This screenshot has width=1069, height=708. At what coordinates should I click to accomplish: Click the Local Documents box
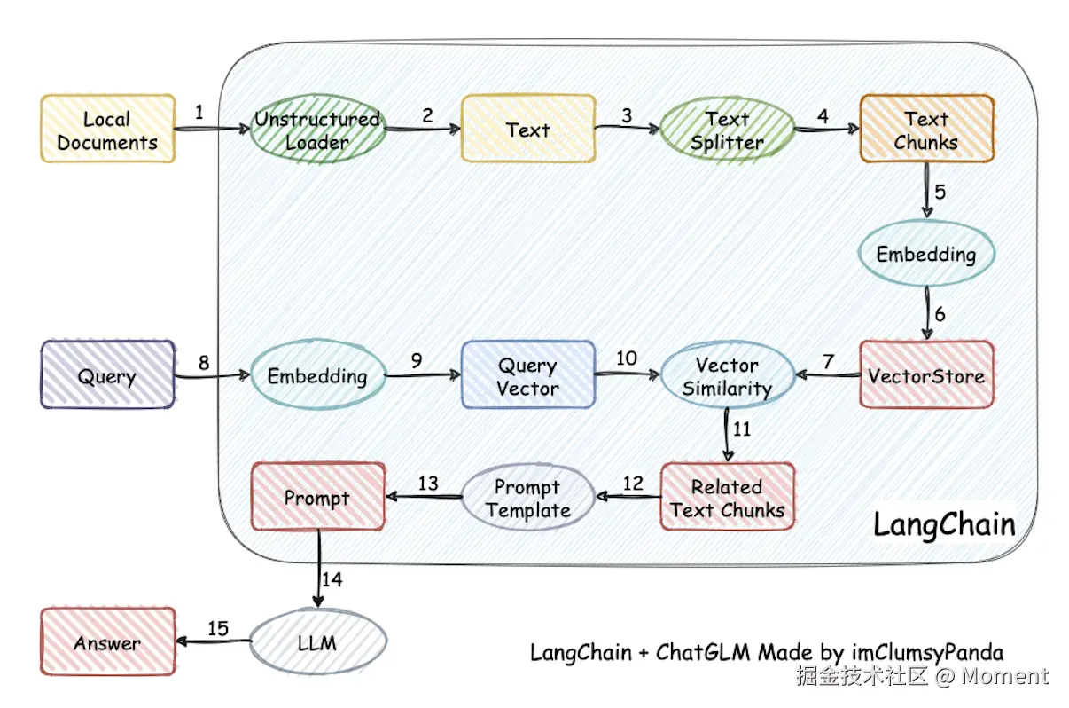pyautogui.click(x=107, y=130)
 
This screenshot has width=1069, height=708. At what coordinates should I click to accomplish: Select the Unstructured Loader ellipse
pyautogui.click(x=317, y=130)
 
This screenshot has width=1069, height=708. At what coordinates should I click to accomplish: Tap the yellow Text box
pyautogui.click(x=527, y=130)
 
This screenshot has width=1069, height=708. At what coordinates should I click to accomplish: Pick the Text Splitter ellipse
pyautogui.click(x=727, y=130)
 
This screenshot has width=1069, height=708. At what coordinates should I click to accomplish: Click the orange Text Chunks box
pyautogui.click(x=926, y=130)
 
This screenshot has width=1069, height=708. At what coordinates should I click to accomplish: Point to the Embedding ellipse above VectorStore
pyautogui.click(x=926, y=255)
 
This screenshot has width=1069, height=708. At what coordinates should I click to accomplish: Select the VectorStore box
pyautogui.click(x=926, y=375)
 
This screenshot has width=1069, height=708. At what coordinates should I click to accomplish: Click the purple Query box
pyautogui.click(x=107, y=375)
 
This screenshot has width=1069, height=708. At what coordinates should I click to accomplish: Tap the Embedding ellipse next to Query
pyautogui.click(x=317, y=375)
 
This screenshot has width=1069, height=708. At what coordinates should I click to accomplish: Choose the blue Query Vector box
pyautogui.click(x=527, y=375)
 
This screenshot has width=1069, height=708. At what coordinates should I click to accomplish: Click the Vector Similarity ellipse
pyautogui.click(x=727, y=375)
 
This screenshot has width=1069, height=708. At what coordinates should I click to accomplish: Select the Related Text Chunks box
pyautogui.click(x=727, y=498)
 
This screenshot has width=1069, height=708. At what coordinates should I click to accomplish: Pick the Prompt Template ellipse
pyautogui.click(x=527, y=498)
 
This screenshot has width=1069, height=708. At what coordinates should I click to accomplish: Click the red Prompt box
pyautogui.click(x=317, y=498)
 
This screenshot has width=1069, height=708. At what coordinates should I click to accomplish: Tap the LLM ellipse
pyautogui.click(x=317, y=641)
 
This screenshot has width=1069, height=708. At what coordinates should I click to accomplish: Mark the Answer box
pyautogui.click(x=107, y=642)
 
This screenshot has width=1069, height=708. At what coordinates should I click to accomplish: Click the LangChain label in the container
pyautogui.click(x=944, y=523)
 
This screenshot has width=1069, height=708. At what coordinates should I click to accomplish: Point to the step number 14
pyautogui.click(x=332, y=580)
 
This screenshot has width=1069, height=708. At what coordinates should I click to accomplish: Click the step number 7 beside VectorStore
pyautogui.click(x=829, y=361)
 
